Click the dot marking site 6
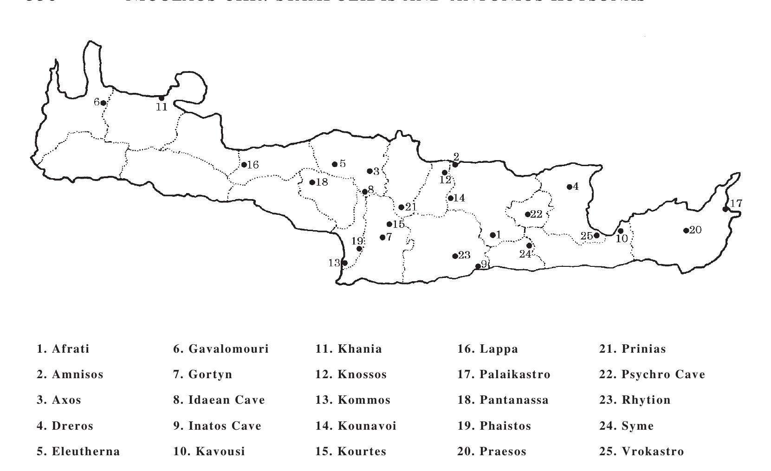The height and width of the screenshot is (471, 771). tap(103, 103)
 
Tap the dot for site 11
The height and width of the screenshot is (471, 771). tap(162, 98)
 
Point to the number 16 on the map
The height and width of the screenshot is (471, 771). tap(253, 165)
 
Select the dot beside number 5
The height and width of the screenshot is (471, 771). tap(335, 164)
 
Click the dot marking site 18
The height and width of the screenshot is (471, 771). tap(312, 182)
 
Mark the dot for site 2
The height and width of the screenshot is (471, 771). tap(455, 165)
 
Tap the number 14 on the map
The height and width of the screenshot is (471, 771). tap(459, 198)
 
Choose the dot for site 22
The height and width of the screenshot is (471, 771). tap(528, 214)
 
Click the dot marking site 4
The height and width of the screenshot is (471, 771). tap(570, 187)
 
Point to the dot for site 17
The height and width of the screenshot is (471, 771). tap(726, 209)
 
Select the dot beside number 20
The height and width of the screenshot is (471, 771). tap(686, 231)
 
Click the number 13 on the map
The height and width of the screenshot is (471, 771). tap(334, 263)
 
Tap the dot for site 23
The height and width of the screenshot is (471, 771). tap(455, 256)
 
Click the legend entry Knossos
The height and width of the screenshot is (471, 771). tap(351, 374)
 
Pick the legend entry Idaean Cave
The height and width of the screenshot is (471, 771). tap(219, 400)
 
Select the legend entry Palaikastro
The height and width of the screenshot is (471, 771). tap(504, 374)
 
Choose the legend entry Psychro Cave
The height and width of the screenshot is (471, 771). tap(652, 374)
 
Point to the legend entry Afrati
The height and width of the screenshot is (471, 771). tap(63, 349)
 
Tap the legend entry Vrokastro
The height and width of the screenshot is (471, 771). tap(641, 452)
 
